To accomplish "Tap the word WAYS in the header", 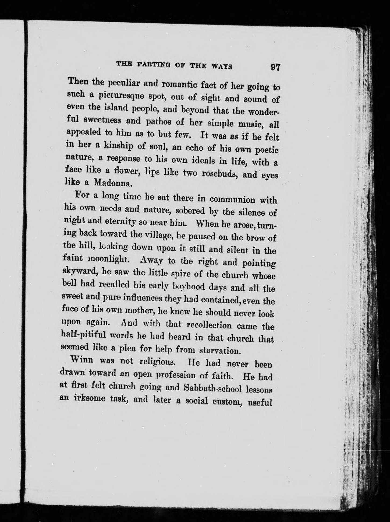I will [222, 66].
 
